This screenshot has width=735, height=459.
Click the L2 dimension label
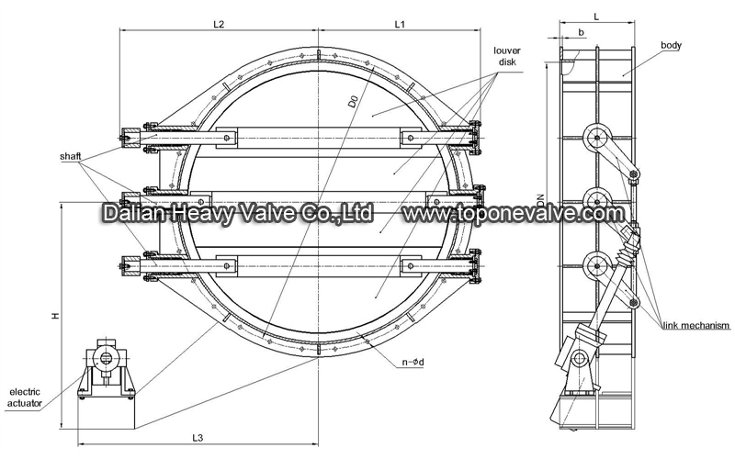[x=219, y=24]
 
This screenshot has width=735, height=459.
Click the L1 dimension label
[x=400, y=24]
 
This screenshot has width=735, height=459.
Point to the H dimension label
[x=56, y=316]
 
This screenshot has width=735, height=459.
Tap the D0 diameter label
[x=353, y=102]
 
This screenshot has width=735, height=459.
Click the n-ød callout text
[x=413, y=362]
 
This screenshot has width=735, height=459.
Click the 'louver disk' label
[x=507, y=56]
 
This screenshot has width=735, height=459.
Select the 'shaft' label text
[x=71, y=156]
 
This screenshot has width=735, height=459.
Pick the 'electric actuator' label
[x=25, y=397]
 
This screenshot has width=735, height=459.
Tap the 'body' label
[x=671, y=45]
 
